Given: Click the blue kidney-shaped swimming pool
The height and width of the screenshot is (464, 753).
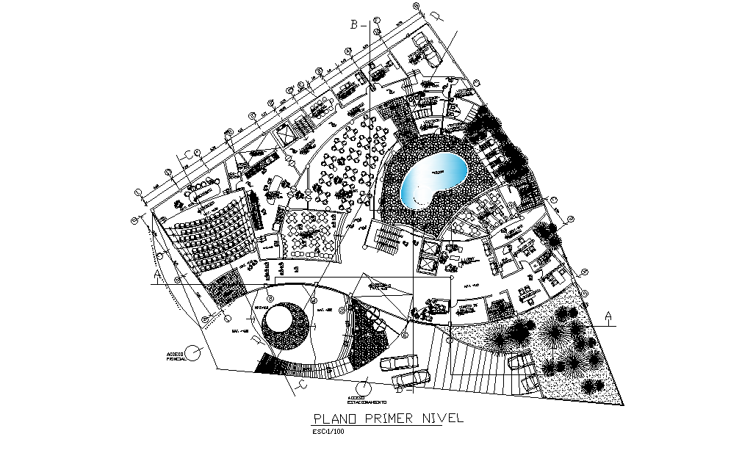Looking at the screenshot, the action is pos(433,181).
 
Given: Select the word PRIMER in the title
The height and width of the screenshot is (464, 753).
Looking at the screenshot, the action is pos(389,419).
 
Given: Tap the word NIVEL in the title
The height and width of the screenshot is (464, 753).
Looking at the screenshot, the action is pos(442,419).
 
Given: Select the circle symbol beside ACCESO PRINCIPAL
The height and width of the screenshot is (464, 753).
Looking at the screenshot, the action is pos(193,353).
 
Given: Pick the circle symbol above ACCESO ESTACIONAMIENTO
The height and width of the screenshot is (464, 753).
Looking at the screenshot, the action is pos(362,388).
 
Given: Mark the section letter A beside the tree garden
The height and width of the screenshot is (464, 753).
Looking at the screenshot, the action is pos(608,316).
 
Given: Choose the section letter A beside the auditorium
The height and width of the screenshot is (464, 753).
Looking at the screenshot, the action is pos(157,276).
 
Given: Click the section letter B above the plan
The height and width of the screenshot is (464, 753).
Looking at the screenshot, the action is pos(354,25).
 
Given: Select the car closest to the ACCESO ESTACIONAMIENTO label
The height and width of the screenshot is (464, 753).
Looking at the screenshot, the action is pos(409,377).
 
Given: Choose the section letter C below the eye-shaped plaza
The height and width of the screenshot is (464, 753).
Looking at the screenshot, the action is pos(300,383).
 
